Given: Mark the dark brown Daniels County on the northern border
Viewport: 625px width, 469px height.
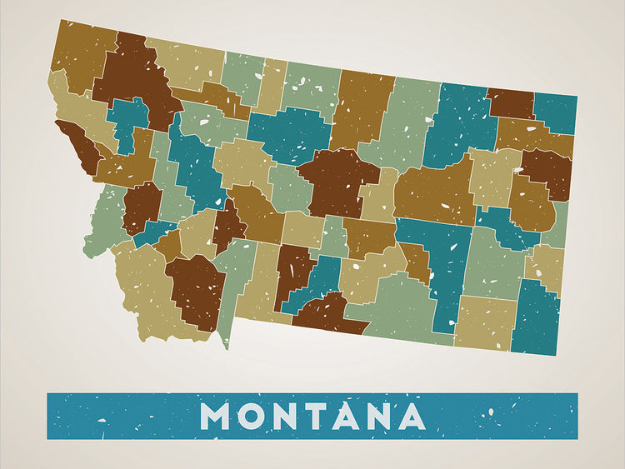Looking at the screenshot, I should (510, 103).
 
